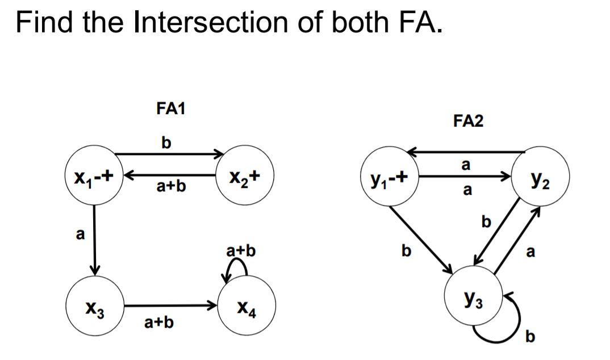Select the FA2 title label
click(x=469, y=121)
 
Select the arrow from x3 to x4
click(x=170, y=306)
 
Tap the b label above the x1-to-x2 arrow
click(x=165, y=142)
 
